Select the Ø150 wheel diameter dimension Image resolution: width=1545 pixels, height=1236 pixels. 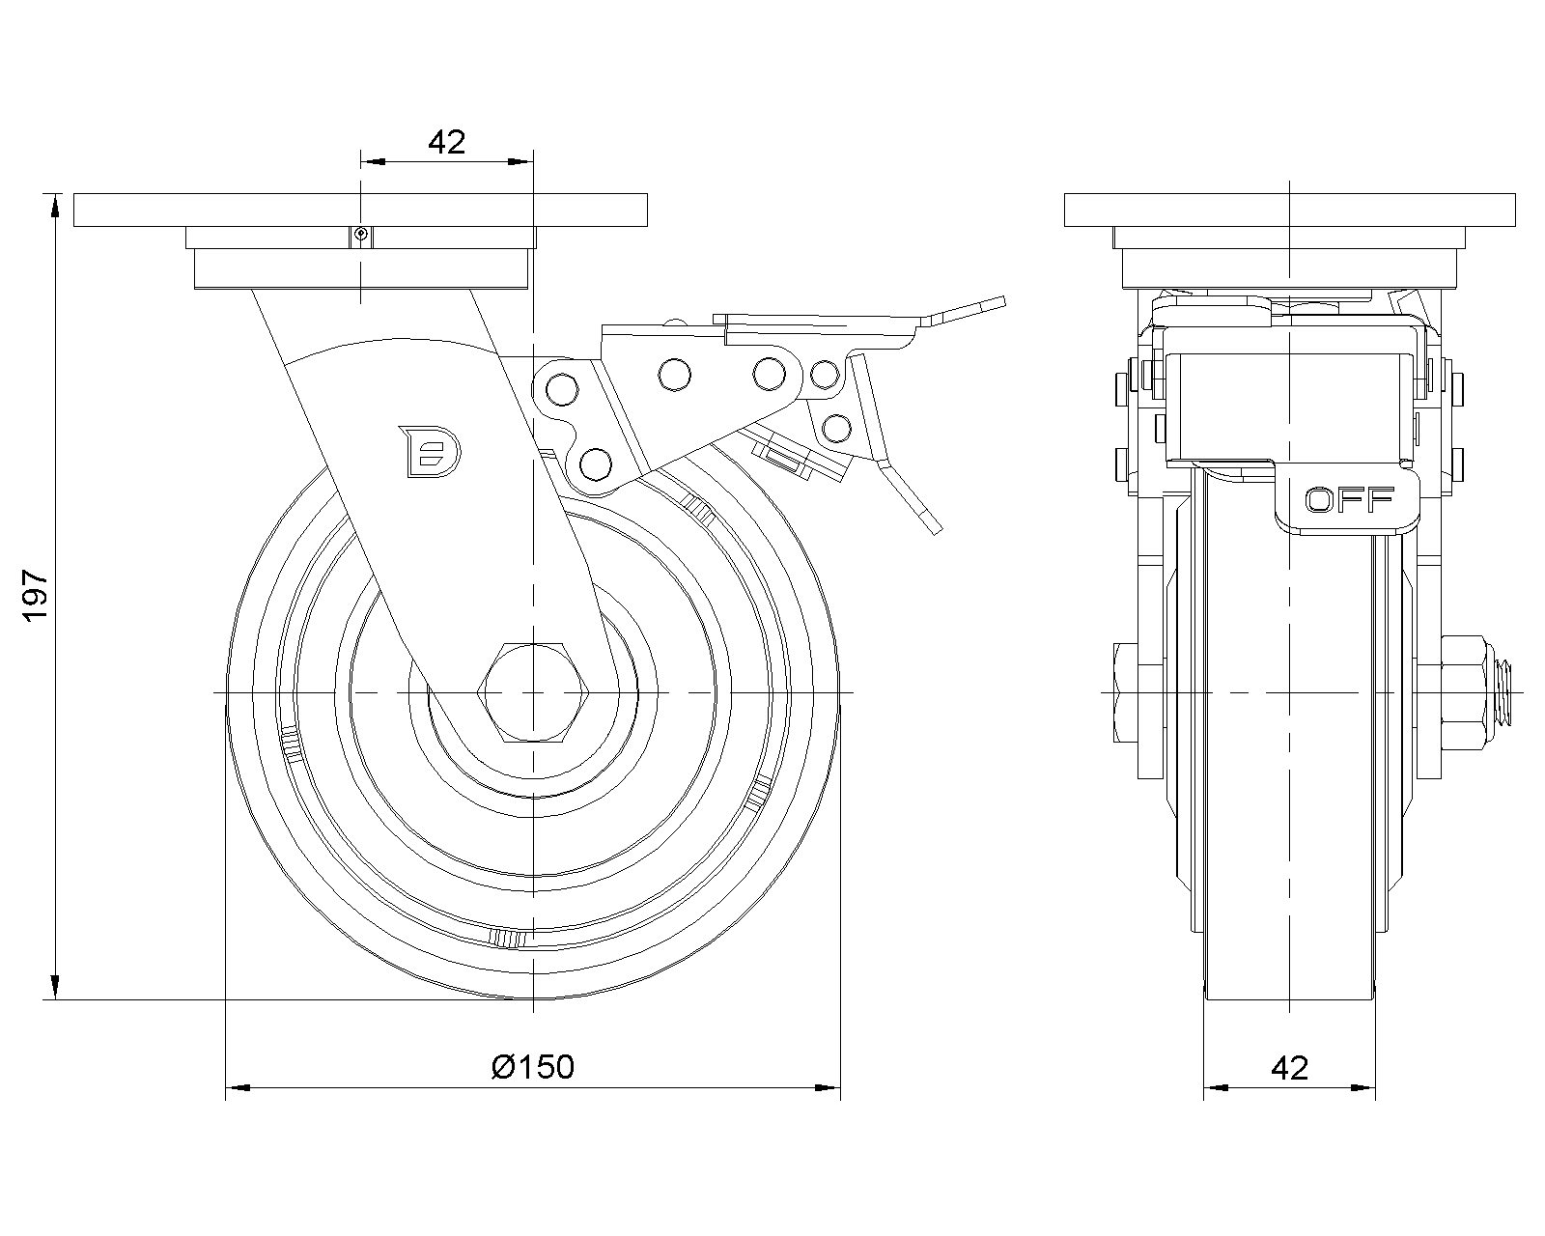532,1066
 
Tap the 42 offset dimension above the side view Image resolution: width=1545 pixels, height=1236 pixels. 446,143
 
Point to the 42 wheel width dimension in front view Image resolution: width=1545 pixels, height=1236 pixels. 1289,1067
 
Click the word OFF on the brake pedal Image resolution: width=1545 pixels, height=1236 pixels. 1349,499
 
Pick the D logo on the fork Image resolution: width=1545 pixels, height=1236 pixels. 432,451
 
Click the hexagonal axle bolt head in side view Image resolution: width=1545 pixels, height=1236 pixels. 533,693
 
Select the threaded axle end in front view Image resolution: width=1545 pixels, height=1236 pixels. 1507,692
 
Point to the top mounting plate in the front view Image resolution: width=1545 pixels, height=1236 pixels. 1289,211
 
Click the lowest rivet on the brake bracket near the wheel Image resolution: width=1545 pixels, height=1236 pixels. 597,464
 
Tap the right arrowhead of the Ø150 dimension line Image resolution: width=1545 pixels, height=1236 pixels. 829,1088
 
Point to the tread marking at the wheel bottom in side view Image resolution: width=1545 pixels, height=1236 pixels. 508,939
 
